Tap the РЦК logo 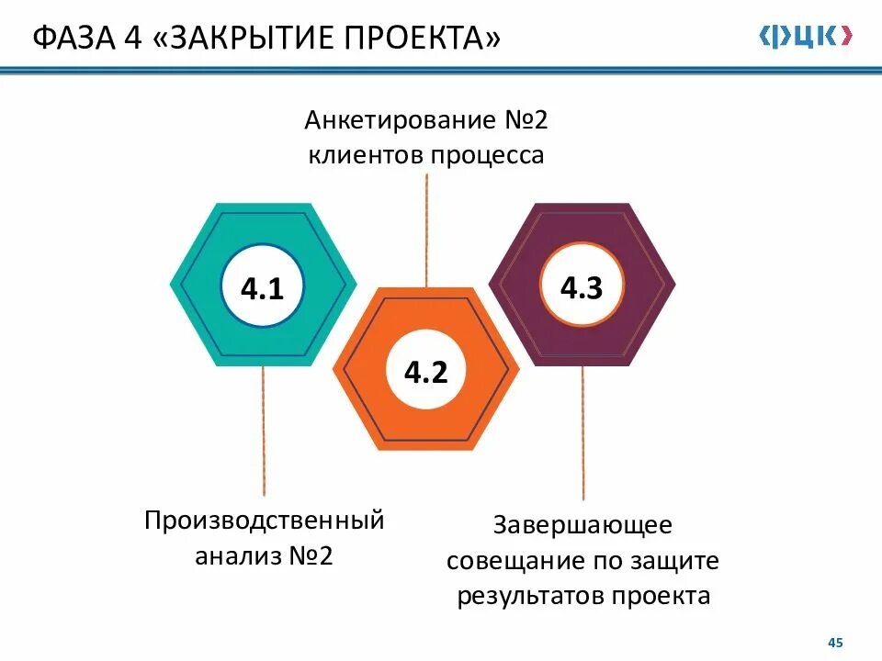click(805, 36)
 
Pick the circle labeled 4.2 click(425, 372)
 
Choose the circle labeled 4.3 click(581, 288)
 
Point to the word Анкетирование click(399, 120)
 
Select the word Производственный click(264, 521)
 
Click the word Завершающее click(583, 525)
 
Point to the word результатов click(528, 595)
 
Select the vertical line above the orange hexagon click(426, 230)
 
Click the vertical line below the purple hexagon click(582, 431)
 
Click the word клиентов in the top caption click(364, 155)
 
